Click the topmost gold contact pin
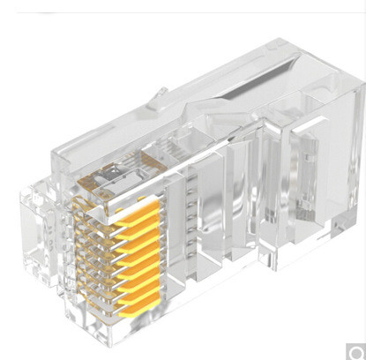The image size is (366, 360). pos(141,206)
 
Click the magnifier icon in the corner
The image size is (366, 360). pos(354,349)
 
